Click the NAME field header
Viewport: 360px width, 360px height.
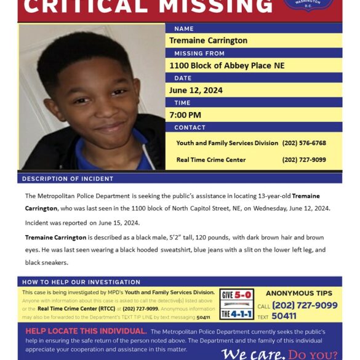[184, 28]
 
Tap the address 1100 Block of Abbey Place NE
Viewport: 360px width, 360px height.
[226, 66]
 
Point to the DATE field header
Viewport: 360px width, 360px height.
[183, 78]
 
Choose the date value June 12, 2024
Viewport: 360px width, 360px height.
[196, 90]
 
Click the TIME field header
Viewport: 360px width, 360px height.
[182, 103]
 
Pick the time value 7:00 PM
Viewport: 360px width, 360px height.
[185, 115]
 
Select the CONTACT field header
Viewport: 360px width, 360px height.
[190, 127]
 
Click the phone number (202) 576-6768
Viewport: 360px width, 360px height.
[304, 143]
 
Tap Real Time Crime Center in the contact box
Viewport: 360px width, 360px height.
[210, 160]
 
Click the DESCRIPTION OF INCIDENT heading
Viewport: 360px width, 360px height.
[68, 178]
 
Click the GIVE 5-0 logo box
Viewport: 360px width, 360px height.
[236, 295]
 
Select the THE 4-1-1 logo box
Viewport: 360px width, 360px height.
[236, 313]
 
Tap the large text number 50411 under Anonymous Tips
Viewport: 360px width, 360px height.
[284, 316]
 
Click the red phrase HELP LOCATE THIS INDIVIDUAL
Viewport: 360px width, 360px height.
[86, 331]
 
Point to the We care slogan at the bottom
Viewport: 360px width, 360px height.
[252, 354]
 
